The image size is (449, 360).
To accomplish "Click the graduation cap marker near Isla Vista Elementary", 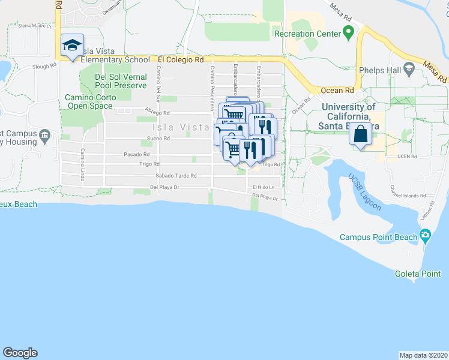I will pyautogui.click(x=72, y=46).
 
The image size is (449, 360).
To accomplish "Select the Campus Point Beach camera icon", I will pyautogui.click(x=426, y=236).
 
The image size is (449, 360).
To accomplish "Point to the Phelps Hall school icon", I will pyautogui.click(x=409, y=70).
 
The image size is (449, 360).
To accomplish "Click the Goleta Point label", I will pyautogui.click(x=418, y=274).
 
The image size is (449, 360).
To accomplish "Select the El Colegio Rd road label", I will pyautogui.click(x=181, y=60).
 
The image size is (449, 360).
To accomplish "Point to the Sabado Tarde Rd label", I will pyautogui.click(x=176, y=176).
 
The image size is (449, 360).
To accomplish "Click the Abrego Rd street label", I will pyautogui.click(x=157, y=112).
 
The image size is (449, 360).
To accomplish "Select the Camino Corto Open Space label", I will pyautogui.click(x=90, y=101).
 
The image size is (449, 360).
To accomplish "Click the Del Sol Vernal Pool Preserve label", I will pyautogui.click(x=121, y=81).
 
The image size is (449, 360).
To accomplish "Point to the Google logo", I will pyautogui.click(x=20, y=353).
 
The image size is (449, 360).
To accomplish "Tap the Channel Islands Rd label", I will pyautogui.click(x=408, y=196).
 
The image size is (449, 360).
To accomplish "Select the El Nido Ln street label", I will pyautogui.click(x=264, y=187).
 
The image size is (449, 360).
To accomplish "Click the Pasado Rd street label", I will pyautogui.click(x=132, y=154).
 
